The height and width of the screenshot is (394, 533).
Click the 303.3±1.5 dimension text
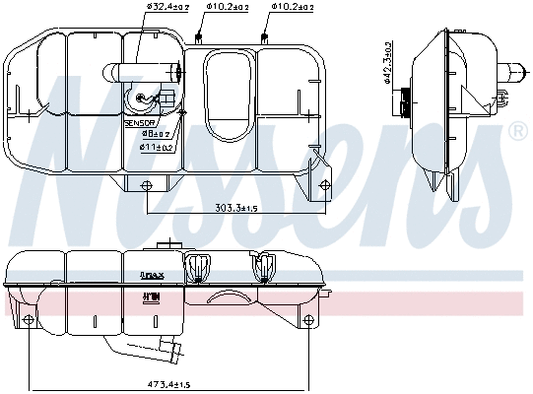(x=236, y=208)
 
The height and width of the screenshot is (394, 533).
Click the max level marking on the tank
(x=151, y=275)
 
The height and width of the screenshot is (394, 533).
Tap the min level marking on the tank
(x=151, y=295)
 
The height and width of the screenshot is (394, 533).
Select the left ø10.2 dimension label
(x=227, y=9)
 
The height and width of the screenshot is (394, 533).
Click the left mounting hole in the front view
(x=29, y=320)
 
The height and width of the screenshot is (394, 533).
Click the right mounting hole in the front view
(x=310, y=320)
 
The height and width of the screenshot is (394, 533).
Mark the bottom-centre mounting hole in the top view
(x=148, y=187)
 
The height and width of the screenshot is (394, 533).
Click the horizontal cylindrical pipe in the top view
(x=146, y=71)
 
